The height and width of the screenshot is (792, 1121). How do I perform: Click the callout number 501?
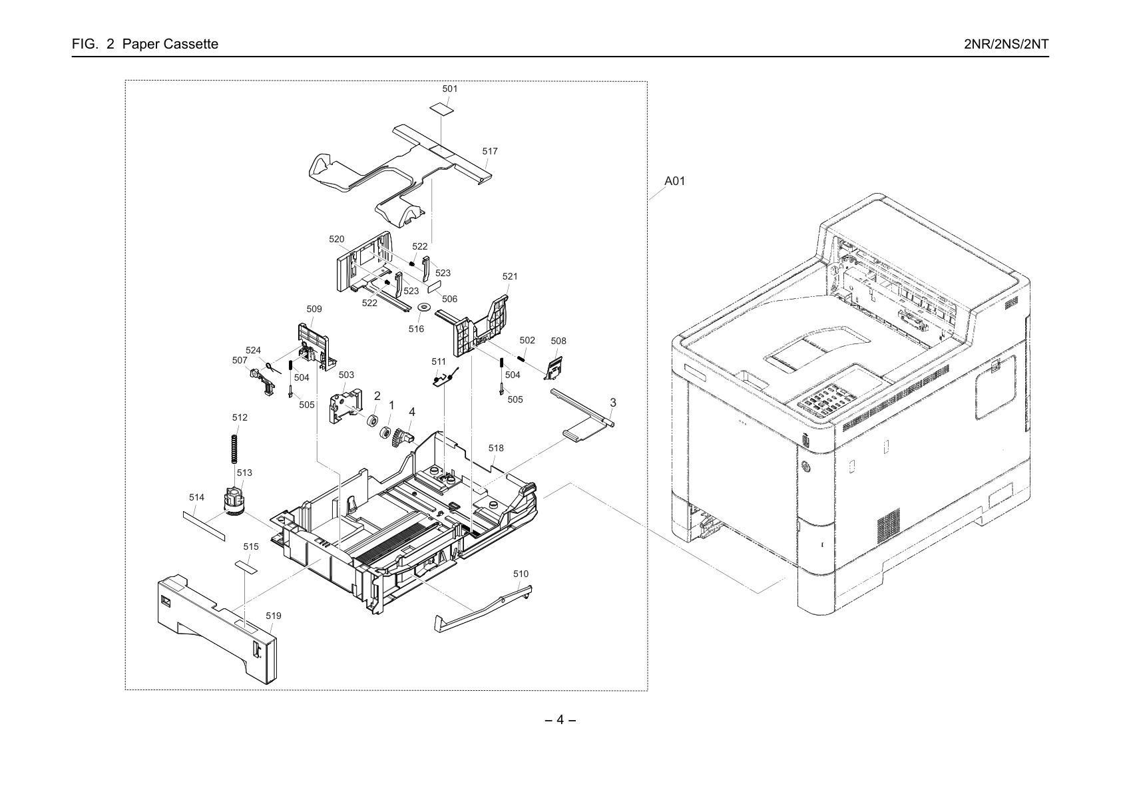click(449, 89)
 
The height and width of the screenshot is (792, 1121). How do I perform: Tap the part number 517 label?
click(490, 151)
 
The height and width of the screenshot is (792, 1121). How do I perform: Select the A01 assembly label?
click(674, 181)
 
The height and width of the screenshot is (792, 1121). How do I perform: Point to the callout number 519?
click(273, 616)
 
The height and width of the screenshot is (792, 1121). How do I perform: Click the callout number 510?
click(521, 574)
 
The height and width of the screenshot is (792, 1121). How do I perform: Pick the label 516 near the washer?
click(416, 329)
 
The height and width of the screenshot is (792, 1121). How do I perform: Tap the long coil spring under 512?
click(234, 449)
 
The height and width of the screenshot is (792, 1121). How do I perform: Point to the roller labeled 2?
click(372, 421)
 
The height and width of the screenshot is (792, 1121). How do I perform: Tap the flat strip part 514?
click(204, 526)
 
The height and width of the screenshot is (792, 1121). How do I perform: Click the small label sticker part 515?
click(246, 567)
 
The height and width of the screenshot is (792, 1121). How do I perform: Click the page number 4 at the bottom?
click(560, 719)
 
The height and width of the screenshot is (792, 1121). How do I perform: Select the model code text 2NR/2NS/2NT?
click(1006, 44)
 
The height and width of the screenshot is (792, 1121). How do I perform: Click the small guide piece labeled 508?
click(553, 368)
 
